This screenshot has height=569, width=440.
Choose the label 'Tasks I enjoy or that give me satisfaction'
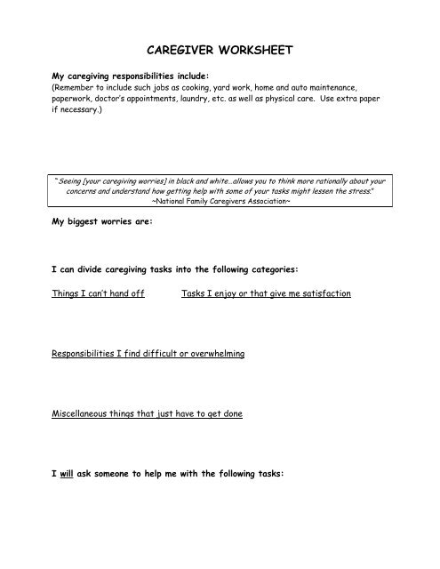coord(266,293)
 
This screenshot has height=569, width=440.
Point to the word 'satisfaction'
coord(323,293)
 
